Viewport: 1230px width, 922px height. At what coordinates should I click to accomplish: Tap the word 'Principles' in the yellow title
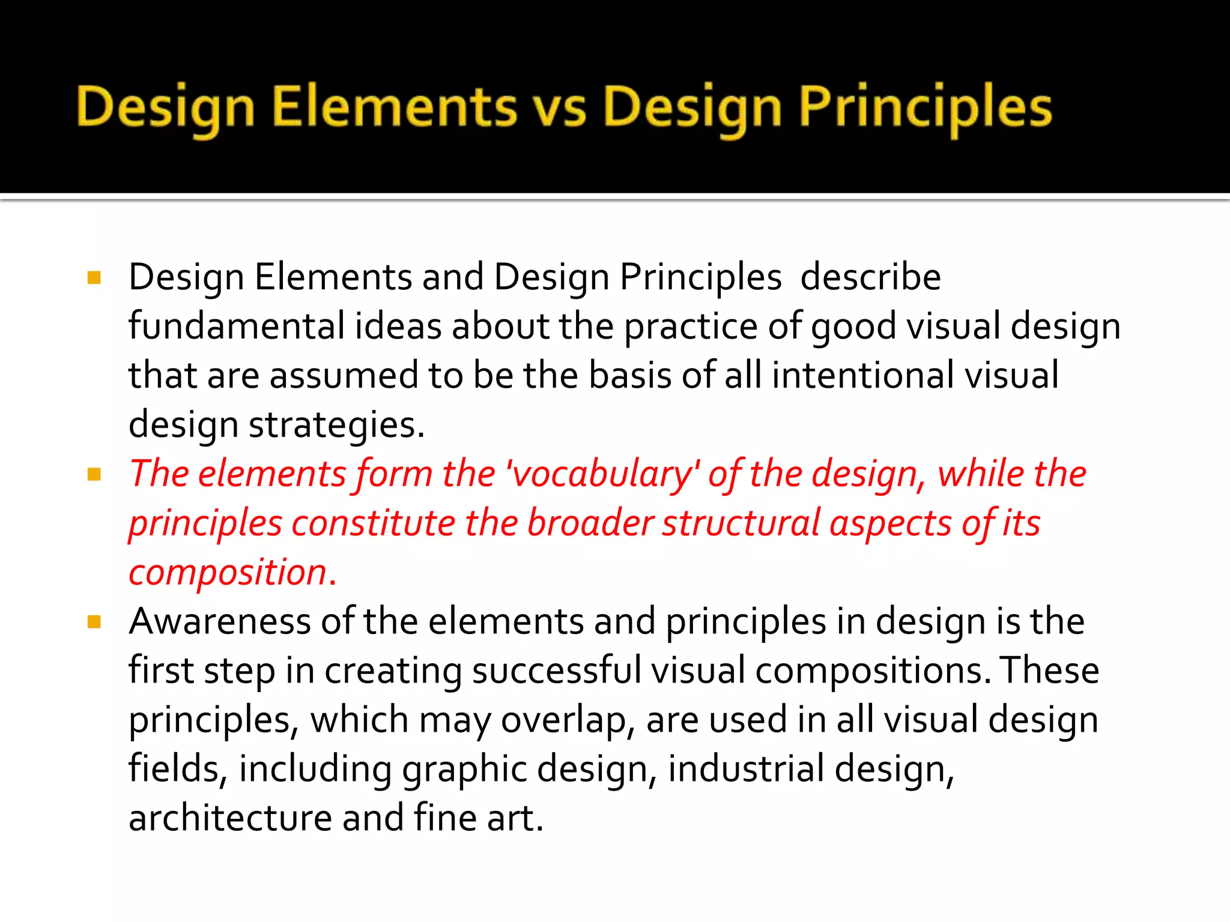925,108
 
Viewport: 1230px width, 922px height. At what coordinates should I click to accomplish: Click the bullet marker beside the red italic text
94,475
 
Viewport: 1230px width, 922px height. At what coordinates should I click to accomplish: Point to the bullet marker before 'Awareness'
94,622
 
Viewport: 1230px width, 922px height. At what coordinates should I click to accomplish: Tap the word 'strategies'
336,425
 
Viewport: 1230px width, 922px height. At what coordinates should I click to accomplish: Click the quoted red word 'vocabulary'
603,474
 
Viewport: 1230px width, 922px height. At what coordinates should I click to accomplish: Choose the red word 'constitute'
374,523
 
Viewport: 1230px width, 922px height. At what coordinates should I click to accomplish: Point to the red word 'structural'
741,523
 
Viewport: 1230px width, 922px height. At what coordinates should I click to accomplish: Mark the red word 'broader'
590,523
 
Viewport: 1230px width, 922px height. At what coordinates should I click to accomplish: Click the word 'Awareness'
220,621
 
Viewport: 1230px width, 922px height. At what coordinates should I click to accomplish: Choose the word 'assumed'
344,376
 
